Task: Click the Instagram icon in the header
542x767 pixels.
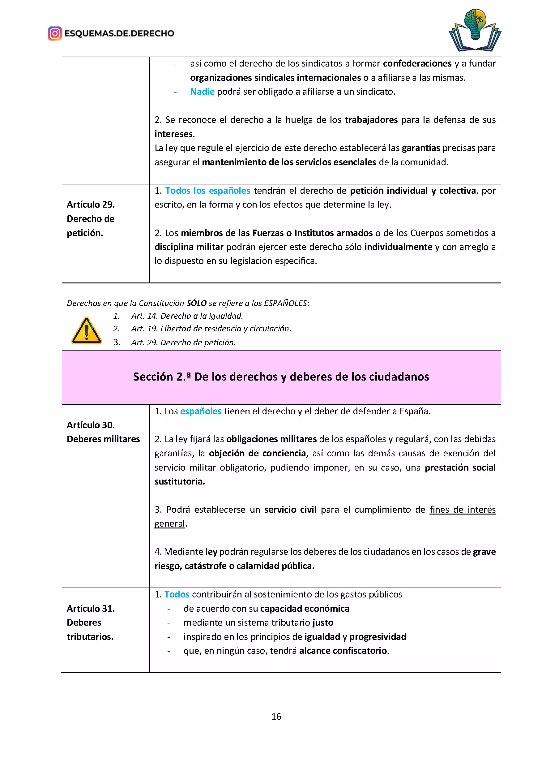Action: (55, 33)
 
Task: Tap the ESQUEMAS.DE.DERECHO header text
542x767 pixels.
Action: (119, 33)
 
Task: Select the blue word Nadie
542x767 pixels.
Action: (202, 92)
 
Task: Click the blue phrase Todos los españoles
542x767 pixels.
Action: (207, 191)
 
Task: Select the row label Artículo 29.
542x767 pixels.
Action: (91, 205)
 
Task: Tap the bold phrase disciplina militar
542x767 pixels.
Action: (189, 247)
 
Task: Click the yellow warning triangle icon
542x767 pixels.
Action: (87, 331)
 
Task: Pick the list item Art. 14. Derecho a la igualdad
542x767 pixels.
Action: (187, 316)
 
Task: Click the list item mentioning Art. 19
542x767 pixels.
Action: (211, 329)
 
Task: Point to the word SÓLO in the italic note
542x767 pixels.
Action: (196, 303)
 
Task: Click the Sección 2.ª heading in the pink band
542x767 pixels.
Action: (281, 377)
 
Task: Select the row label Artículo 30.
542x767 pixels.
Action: (91, 425)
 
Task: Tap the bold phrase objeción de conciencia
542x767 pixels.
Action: (257, 453)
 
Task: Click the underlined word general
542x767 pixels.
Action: (169, 524)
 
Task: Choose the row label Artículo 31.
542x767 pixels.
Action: (91, 609)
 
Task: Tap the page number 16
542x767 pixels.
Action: (276, 717)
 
